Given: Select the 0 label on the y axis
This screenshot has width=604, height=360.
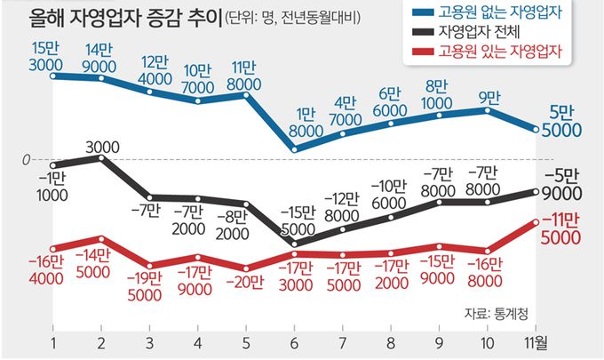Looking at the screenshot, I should tap(27, 159).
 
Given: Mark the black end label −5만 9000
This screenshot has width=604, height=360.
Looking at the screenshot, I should tap(560, 184).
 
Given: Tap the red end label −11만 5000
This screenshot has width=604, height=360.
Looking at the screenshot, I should tap(560, 229).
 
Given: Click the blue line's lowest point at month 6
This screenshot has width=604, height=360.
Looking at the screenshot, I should tap(293, 148).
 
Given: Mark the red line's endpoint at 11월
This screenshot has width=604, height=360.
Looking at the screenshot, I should tap(535, 222).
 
